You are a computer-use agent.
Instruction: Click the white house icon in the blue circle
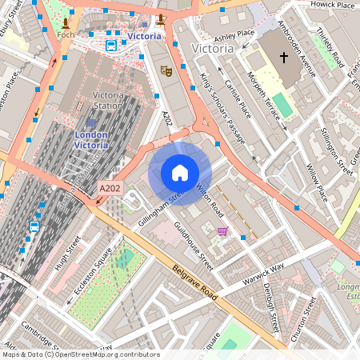(x=180, y=173)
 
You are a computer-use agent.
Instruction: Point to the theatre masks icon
(x=167, y=70)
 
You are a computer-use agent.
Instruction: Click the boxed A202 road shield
(x=110, y=188)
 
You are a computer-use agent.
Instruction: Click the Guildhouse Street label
(x=194, y=244)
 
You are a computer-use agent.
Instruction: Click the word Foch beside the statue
(x=66, y=35)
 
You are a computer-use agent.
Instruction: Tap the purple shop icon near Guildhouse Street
(x=222, y=231)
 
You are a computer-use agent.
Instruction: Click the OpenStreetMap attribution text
(x=80, y=354)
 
